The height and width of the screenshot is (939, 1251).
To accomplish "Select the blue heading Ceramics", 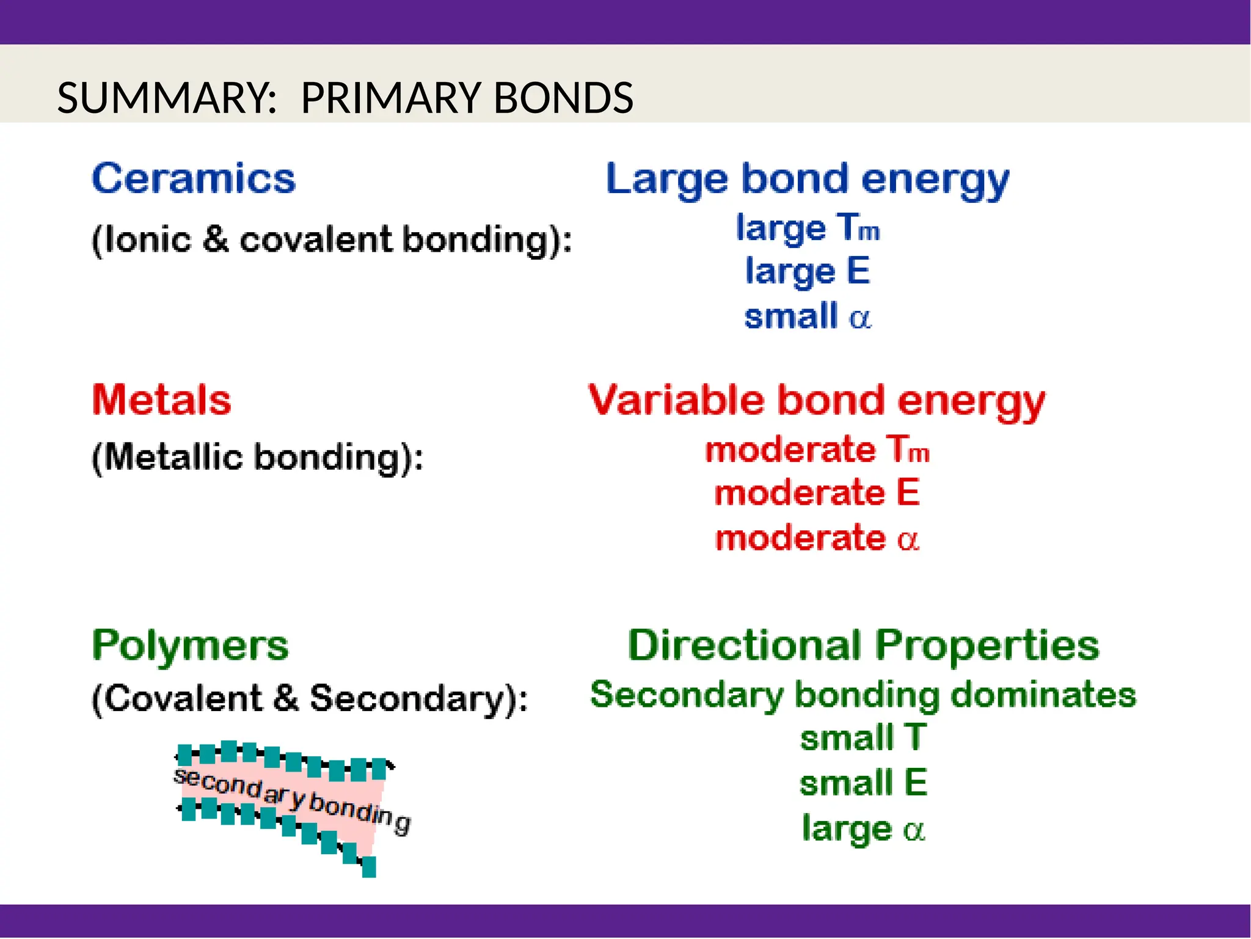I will pyautogui.click(x=194, y=179).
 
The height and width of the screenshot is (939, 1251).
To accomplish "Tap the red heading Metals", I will pyautogui.click(x=162, y=400).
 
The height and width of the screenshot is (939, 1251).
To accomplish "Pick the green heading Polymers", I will pyautogui.click(x=190, y=646).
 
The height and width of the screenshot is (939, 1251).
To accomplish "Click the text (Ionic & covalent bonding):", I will pyautogui.click(x=332, y=240).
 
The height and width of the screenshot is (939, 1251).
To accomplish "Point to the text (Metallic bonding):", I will pyautogui.click(x=257, y=458).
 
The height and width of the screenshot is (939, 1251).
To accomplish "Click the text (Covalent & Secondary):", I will pyautogui.click(x=310, y=698).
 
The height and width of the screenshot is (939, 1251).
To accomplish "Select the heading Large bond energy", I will pyautogui.click(x=807, y=180).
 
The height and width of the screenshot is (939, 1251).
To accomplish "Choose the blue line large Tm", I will pyautogui.click(x=807, y=228).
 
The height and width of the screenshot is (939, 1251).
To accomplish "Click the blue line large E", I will pyautogui.click(x=807, y=272).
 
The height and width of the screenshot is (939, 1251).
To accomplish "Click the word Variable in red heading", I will pyautogui.click(x=676, y=400).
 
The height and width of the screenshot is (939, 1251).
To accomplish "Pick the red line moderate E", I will pyautogui.click(x=817, y=492).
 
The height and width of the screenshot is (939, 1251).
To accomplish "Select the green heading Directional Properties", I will pyautogui.click(x=863, y=646).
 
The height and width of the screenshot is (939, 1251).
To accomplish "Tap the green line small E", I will pyautogui.click(x=863, y=783).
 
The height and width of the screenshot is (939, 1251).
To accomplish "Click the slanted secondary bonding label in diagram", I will pyautogui.click(x=292, y=801).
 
